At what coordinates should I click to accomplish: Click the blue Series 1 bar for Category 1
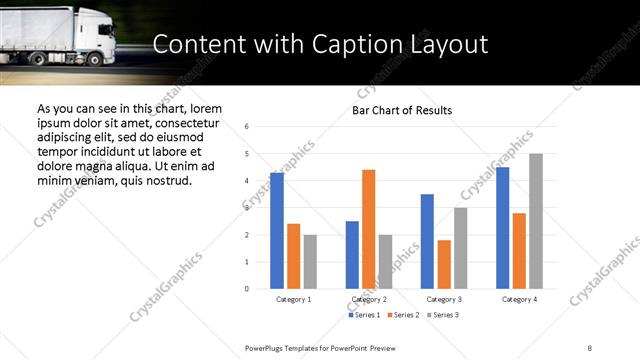click(277, 231)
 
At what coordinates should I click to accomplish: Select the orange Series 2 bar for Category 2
click(368, 229)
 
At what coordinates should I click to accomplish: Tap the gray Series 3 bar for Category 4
click(536, 221)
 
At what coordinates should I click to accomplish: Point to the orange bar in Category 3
click(444, 264)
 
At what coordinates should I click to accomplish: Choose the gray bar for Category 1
click(310, 261)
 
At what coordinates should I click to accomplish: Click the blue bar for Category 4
click(502, 228)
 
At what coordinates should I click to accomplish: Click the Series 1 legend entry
click(364, 315)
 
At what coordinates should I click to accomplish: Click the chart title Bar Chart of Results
click(402, 110)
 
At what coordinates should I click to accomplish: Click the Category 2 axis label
click(368, 299)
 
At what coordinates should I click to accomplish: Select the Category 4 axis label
click(519, 299)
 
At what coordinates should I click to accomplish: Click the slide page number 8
click(590, 346)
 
